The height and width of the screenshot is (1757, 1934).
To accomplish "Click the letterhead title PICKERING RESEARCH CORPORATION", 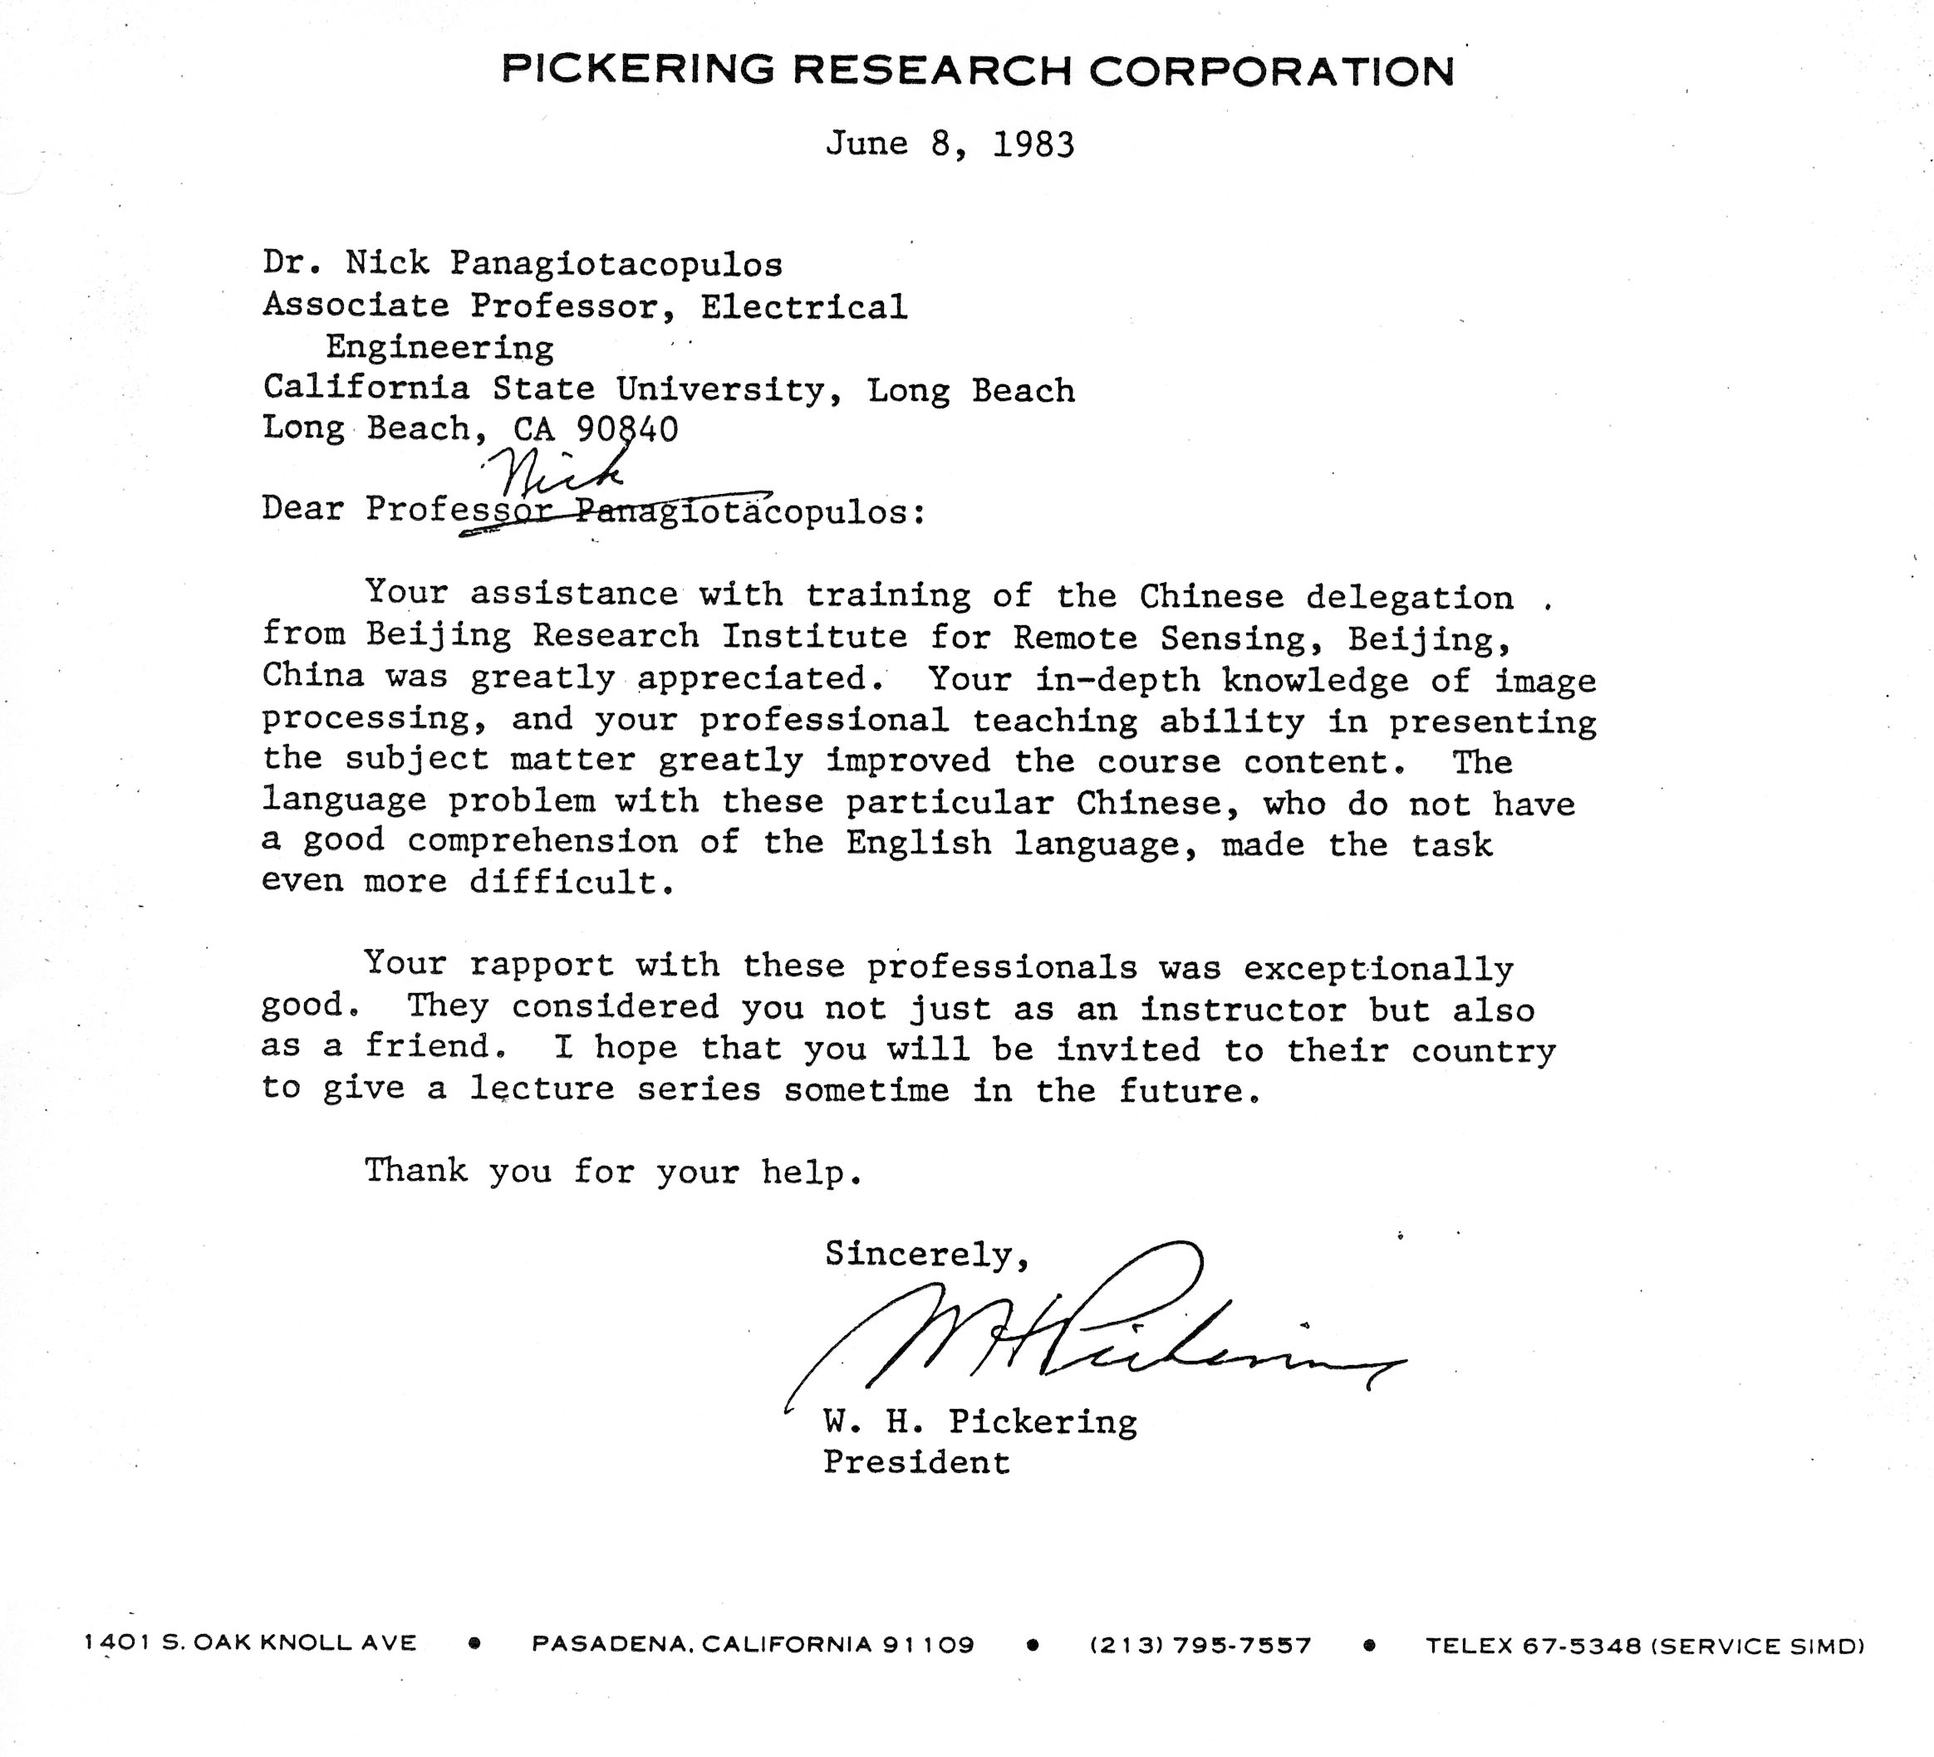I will (x=978, y=70).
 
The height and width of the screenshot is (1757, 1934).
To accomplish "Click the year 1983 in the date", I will (x=1033, y=144).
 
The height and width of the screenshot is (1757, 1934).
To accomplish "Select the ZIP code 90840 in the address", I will (x=627, y=428).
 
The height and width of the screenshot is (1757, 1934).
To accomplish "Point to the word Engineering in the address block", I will (x=439, y=347).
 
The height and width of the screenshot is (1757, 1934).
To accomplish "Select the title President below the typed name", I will (x=916, y=1461).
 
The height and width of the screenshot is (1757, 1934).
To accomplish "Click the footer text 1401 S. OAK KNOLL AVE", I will (x=250, y=1643).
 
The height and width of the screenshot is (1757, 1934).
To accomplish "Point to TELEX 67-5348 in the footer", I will (x=1535, y=1646).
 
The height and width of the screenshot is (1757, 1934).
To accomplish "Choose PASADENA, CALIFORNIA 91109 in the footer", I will (x=753, y=1645).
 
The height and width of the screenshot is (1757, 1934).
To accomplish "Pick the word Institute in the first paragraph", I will (x=814, y=637).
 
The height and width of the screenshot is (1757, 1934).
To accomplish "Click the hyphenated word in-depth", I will (x=1117, y=680).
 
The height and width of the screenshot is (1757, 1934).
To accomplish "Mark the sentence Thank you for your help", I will (x=613, y=1172).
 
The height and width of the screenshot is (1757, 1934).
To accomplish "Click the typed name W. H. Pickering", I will (x=979, y=1421).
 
